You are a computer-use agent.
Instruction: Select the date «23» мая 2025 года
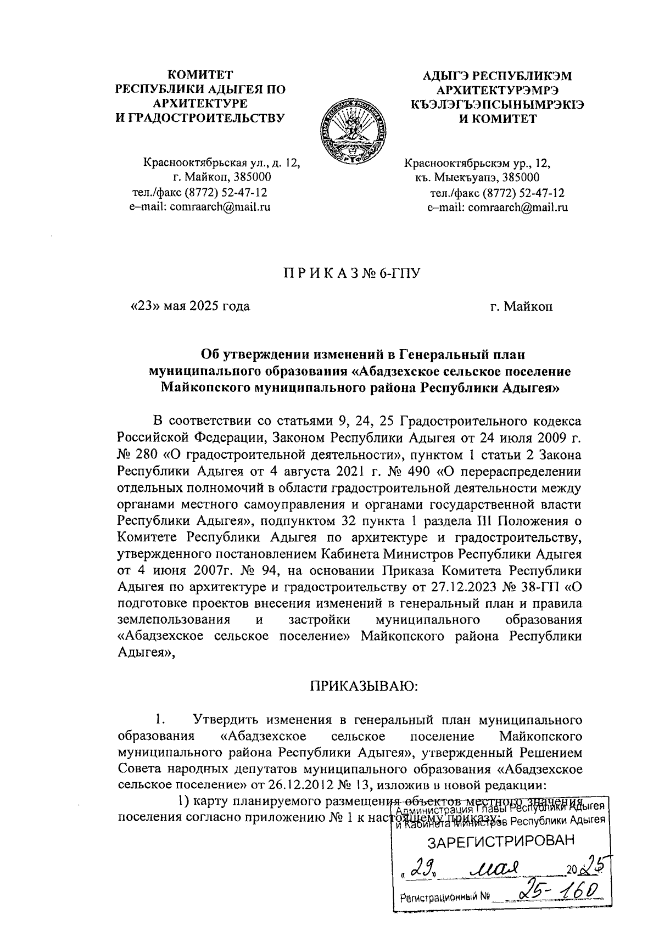189,306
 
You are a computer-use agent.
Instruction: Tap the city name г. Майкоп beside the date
522,306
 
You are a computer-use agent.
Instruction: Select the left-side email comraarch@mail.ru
220,206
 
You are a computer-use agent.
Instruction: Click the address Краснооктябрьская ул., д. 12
222,162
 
